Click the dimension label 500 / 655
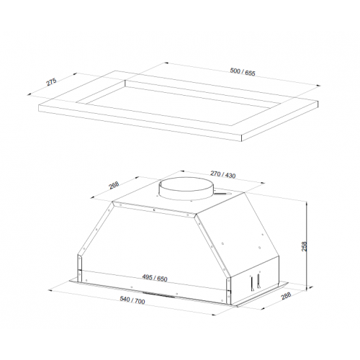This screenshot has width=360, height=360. click(x=243, y=72)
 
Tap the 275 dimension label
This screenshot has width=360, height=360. click(x=51, y=81)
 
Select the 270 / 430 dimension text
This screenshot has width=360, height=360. click(x=223, y=174)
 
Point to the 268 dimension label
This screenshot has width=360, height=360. click(x=114, y=185)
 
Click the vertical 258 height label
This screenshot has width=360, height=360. click(x=304, y=246)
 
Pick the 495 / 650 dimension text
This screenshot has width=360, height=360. click(x=155, y=278)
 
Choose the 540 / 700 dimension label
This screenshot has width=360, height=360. click(x=132, y=300)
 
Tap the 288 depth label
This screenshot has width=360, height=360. click(x=286, y=296)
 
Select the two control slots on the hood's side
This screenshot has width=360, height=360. click(x=255, y=282)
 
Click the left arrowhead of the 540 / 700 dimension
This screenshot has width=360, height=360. click(x=50, y=290)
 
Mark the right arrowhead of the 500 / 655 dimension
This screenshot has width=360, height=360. click(x=318, y=86)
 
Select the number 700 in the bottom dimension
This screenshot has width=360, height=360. click(x=140, y=302)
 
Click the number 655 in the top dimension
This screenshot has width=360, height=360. click(x=250, y=73)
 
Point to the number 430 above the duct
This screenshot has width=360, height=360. click(x=230, y=176)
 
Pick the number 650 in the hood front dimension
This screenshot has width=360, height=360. click(x=162, y=279)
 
